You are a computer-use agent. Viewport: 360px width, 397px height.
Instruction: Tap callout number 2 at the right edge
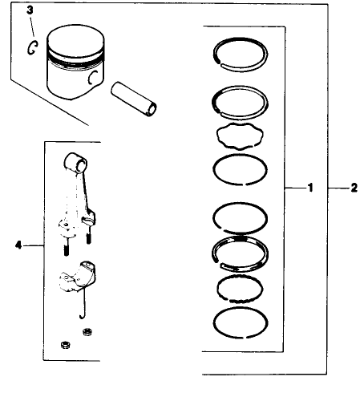(x=353, y=189)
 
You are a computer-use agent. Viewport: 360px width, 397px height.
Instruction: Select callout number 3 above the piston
(x=30, y=10)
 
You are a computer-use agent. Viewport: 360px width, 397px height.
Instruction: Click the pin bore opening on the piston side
(x=94, y=76)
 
